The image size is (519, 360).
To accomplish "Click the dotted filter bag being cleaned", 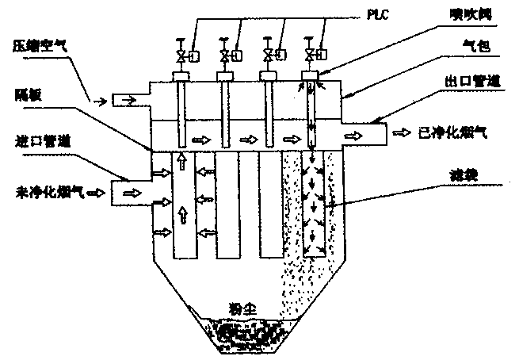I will (314, 206).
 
